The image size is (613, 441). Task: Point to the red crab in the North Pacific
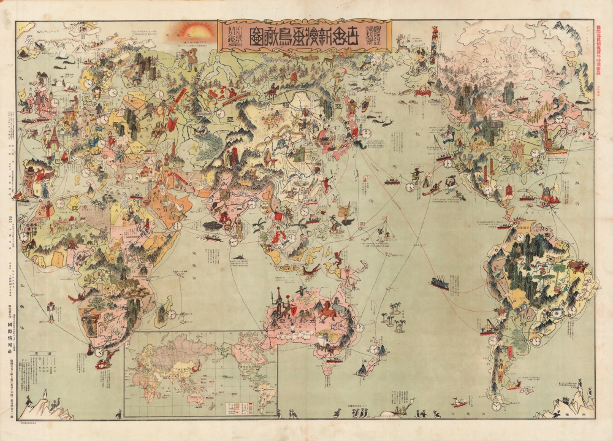422,93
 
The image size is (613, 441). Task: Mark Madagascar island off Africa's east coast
163,313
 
